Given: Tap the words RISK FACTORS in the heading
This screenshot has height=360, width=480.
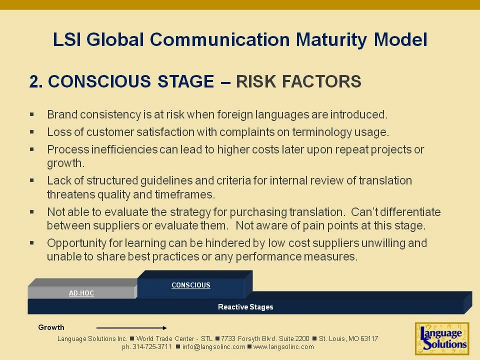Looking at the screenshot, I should coord(298,81).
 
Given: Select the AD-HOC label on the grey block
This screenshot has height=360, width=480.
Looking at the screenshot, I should coord(81,293).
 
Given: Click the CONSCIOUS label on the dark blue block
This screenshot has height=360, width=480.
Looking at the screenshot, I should coord(190,285).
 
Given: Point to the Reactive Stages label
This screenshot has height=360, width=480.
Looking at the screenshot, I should coord(245,307).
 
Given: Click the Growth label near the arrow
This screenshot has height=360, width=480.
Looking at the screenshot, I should coord(51,327).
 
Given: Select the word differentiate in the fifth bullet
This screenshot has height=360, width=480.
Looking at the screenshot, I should coord(408,212).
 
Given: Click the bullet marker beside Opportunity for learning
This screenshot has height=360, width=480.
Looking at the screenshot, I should coord(32,242).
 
